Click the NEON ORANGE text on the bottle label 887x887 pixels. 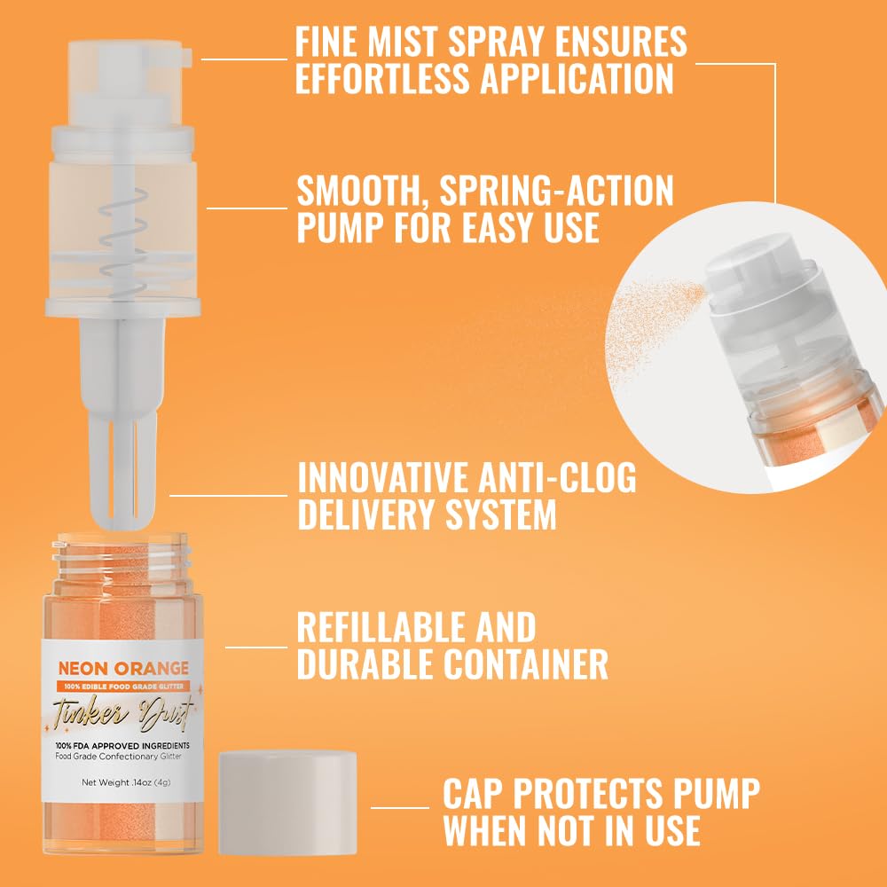coord(123,668)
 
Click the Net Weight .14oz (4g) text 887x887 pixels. coord(123,782)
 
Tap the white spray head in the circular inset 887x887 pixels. coord(750,266)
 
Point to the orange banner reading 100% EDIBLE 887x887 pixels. coord(123,686)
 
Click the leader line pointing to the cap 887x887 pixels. coord(399,807)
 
